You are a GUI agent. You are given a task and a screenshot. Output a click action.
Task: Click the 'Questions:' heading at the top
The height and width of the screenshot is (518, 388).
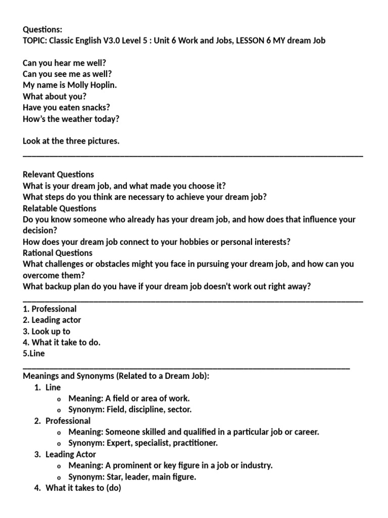tap(42, 29)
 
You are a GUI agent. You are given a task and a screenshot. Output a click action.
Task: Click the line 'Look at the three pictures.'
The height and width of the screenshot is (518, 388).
tap(71, 141)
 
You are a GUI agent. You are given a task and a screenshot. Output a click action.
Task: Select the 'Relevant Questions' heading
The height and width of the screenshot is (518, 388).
tap(58, 175)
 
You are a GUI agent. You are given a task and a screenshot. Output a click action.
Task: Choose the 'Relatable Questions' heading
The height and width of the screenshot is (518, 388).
tap(60, 208)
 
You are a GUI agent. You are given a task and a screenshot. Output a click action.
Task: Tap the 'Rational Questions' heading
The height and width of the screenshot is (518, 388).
tap(58, 252)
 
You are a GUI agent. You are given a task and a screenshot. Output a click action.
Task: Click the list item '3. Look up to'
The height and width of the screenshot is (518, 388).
tap(46, 331)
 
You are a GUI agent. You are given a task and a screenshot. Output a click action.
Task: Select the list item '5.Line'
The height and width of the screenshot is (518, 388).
tap(34, 354)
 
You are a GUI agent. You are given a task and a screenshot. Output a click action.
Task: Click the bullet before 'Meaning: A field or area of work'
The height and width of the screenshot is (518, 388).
tap(60, 399)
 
